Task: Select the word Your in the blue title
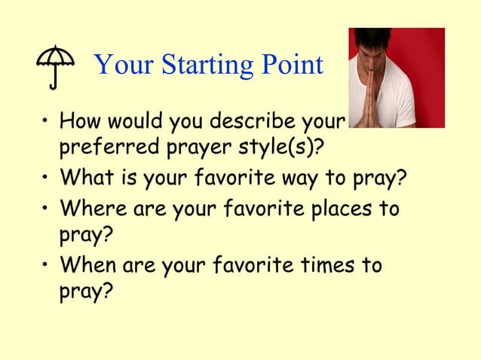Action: tap(120, 66)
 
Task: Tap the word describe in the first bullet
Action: tap(256, 121)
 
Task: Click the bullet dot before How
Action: tap(46, 121)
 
